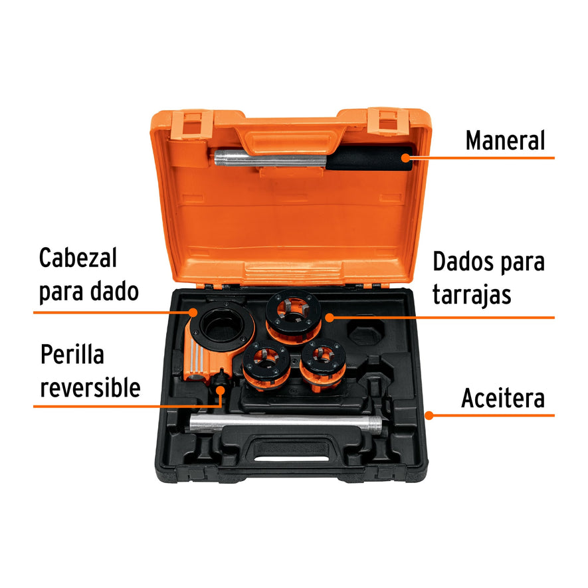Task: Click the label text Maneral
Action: (x=504, y=141)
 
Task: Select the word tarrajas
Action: (x=472, y=294)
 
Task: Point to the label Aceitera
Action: (x=502, y=399)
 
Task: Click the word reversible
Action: (x=90, y=387)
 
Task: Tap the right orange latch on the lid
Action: (x=388, y=122)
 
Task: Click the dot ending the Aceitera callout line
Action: (x=429, y=415)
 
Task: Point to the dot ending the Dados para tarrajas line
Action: (x=328, y=318)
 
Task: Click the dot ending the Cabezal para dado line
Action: (x=193, y=311)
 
